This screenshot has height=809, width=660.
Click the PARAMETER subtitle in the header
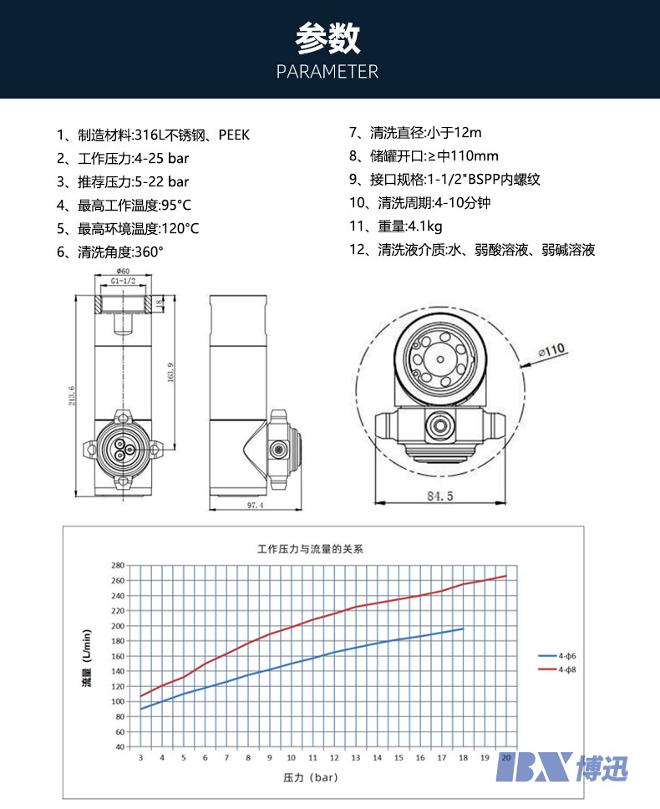click(x=327, y=71)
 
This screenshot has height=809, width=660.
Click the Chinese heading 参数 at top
click(x=327, y=38)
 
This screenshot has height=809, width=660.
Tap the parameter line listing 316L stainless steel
click(x=153, y=135)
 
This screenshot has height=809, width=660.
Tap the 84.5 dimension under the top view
click(x=439, y=496)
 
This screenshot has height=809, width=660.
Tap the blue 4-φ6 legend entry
click(x=556, y=657)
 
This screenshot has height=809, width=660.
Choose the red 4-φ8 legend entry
click(x=556, y=669)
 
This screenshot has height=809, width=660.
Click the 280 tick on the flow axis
click(x=119, y=565)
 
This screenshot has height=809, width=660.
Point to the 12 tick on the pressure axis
click(x=334, y=758)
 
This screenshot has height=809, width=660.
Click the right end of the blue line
click(x=463, y=628)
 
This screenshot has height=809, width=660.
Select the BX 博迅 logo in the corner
click(x=561, y=766)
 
